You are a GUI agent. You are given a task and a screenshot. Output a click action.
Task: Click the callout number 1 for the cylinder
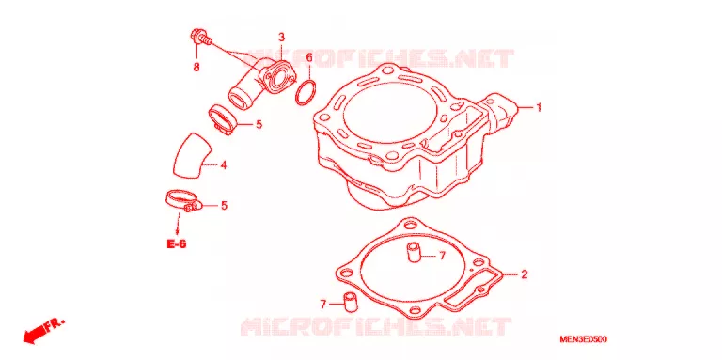(x=538, y=108)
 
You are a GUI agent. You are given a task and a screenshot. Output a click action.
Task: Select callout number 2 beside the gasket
(x=524, y=274)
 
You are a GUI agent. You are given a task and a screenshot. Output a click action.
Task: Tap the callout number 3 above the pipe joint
(x=281, y=38)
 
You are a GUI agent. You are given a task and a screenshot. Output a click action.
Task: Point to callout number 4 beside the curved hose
(x=224, y=164)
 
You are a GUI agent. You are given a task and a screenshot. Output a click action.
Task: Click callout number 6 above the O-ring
(x=309, y=57)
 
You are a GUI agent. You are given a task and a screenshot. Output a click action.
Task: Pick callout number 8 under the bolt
(x=196, y=68)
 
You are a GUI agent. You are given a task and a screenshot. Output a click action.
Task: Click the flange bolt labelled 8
(x=200, y=38)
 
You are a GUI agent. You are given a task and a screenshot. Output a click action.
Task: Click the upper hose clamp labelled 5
(x=223, y=119)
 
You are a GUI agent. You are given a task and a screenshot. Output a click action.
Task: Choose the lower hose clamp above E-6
(x=183, y=201)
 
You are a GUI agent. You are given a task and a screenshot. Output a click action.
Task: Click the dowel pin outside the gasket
(x=351, y=301)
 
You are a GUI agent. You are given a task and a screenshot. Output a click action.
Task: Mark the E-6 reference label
(x=177, y=244)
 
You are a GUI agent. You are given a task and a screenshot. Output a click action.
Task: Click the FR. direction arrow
(x=43, y=331)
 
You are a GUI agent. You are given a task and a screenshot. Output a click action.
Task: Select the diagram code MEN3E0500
(x=583, y=339)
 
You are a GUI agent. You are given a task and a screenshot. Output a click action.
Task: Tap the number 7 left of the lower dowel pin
(x=322, y=305)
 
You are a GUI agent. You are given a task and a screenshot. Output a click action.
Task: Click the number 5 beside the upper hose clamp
(x=259, y=124)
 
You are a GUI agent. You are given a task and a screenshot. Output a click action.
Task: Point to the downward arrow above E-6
(x=178, y=225)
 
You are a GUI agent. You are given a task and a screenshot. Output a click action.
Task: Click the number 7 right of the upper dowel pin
(x=442, y=256)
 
